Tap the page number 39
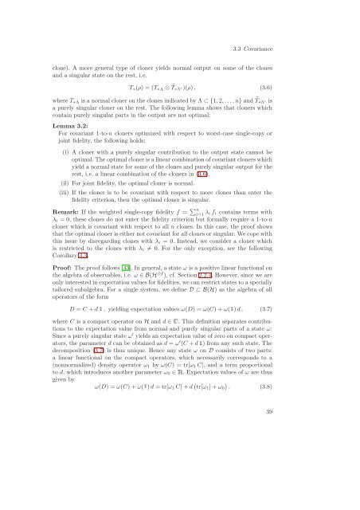[311, 476]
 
